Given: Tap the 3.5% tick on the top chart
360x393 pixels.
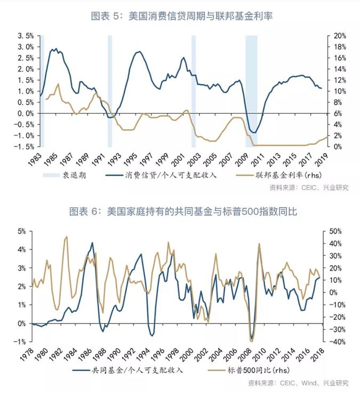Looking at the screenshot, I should coord(26,36).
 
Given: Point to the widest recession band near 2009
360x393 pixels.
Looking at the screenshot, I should coord(251,91).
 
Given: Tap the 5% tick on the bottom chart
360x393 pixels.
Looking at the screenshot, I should coord(22,231).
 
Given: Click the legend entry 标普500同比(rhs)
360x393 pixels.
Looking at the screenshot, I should coord(256,370).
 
